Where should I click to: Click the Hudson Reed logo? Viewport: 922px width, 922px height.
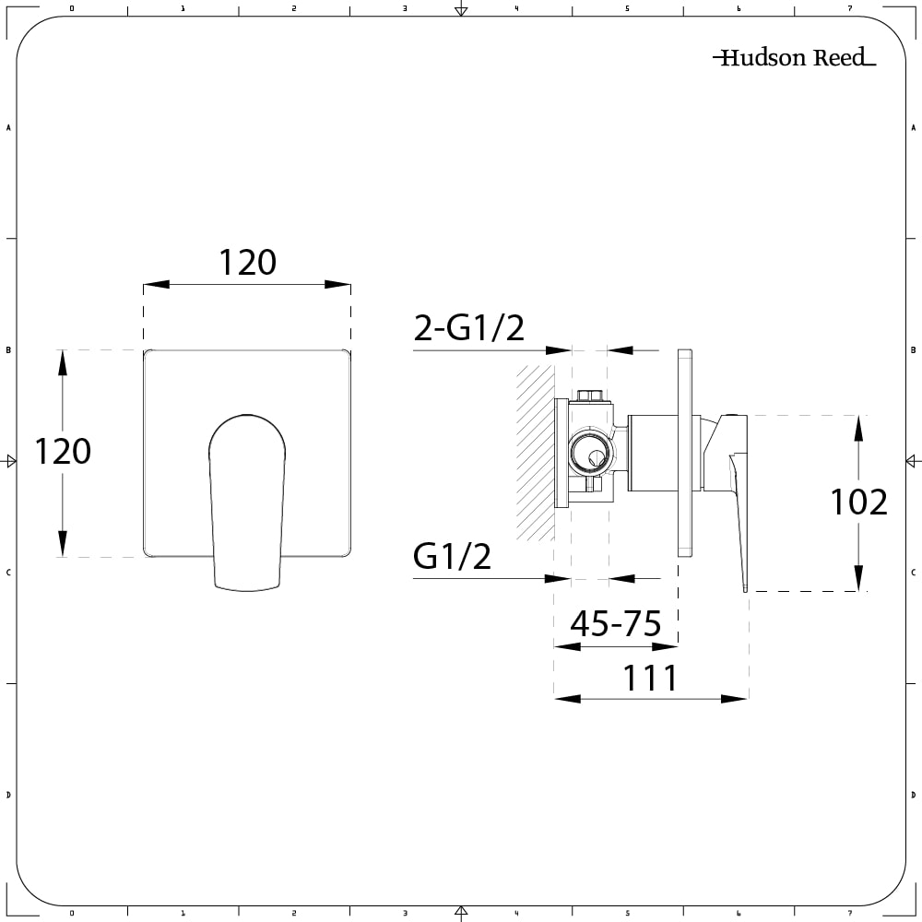[794, 58]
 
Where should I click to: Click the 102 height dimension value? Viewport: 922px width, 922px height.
[858, 502]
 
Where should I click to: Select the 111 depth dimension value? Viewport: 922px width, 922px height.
[651, 679]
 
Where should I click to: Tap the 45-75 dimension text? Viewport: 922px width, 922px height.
[615, 624]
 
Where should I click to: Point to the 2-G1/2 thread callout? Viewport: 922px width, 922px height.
[468, 327]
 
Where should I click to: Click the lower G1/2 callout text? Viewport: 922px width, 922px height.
[452, 556]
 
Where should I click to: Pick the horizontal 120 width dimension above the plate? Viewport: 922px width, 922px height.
[247, 263]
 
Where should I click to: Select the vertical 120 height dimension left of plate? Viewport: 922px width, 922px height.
[63, 452]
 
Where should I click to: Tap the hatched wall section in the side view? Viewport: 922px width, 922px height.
[534, 452]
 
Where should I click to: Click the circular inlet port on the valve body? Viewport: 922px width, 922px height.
[588, 453]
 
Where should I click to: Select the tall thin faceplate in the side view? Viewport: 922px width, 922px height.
[684, 452]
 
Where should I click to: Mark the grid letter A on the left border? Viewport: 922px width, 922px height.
[8, 128]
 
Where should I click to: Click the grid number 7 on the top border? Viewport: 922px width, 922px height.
[850, 7]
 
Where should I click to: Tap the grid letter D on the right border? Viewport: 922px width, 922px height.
[913, 794]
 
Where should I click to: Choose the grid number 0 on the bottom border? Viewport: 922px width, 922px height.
[72, 914]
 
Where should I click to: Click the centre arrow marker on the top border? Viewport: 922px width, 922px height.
[461, 10]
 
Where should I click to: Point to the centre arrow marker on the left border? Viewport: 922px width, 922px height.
[10, 461]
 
